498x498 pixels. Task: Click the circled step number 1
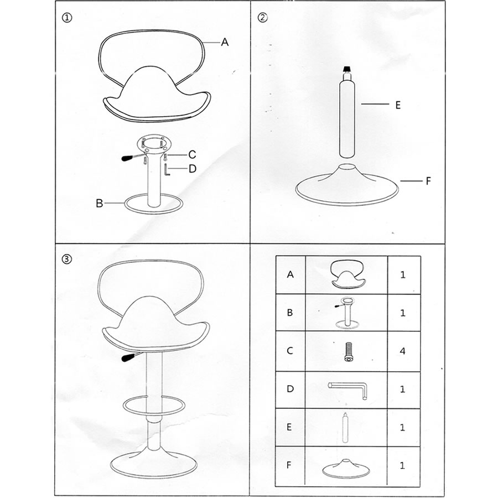67,18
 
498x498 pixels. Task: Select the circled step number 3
67,259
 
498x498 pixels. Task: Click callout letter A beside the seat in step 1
225,42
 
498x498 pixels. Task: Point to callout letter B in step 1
100,203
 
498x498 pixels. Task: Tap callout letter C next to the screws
192,155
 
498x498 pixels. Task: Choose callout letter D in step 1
193,169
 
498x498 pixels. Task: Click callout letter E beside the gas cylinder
398,105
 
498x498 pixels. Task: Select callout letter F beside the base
428,181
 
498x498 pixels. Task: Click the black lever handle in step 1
128,158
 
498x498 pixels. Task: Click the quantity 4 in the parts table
403,351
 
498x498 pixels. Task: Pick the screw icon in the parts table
349,352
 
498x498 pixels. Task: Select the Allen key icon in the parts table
349,390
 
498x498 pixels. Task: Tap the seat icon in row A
347,274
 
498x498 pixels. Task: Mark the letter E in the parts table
289,427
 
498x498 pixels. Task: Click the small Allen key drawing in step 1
167,169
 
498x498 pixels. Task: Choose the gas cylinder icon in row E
345,427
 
